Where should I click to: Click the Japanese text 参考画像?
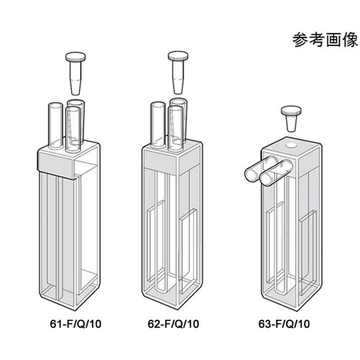point(321,40)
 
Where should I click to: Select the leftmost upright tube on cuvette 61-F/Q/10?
point(55,127)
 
